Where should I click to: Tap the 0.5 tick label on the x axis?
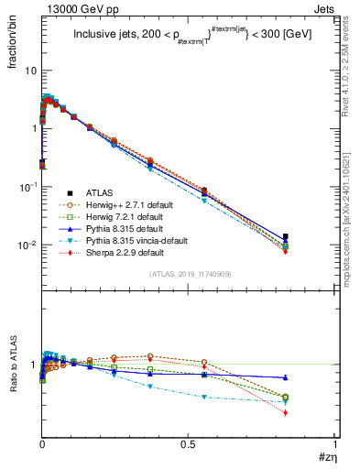[188, 443]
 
